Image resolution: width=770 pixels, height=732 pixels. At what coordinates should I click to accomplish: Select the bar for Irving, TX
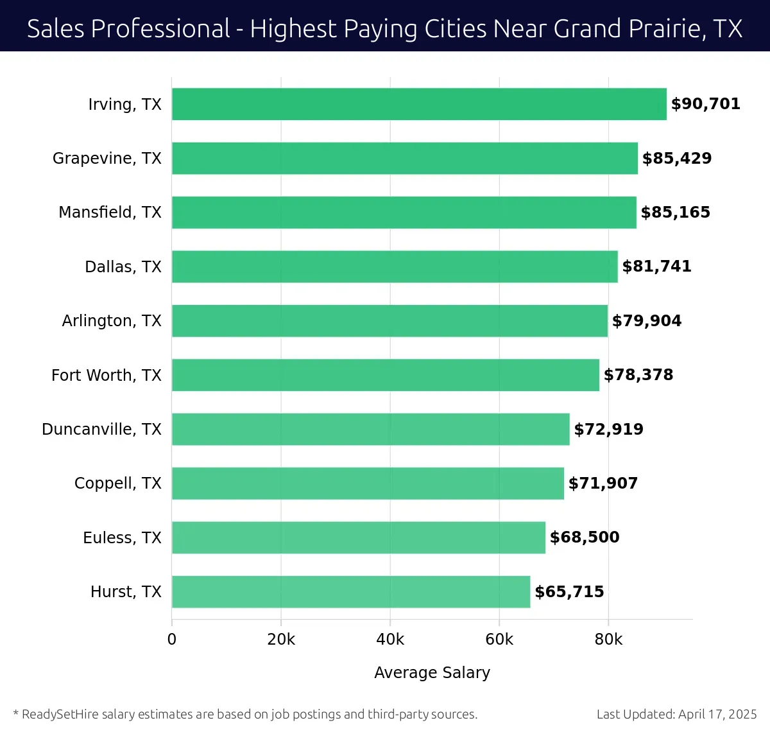(x=419, y=104)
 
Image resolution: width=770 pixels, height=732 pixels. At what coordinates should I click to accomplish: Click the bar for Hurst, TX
(x=351, y=591)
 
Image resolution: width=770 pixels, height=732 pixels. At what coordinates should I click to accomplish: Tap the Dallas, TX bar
(x=395, y=266)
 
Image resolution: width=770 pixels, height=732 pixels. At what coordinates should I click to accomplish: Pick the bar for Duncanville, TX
(x=371, y=429)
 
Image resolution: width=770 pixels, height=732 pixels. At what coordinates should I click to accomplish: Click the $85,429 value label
(x=677, y=159)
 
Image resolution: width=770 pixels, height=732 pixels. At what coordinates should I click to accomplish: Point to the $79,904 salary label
(x=647, y=321)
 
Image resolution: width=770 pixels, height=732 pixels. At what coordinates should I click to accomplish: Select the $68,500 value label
(x=585, y=537)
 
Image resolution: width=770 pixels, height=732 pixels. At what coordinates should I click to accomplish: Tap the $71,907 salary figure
(x=603, y=484)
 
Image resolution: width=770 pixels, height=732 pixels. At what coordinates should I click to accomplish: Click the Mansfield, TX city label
(x=110, y=213)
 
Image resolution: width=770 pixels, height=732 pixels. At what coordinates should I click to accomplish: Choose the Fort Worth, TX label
(x=107, y=375)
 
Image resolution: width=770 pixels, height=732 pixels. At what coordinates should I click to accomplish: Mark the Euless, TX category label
(x=122, y=537)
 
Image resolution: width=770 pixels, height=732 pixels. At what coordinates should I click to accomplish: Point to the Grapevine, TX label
(x=107, y=159)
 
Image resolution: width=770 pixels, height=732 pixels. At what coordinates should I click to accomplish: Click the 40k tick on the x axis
(x=390, y=640)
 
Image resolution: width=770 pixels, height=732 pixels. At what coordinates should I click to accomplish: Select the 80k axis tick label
(x=608, y=640)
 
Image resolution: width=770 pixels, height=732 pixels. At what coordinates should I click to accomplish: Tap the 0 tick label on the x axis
(x=171, y=640)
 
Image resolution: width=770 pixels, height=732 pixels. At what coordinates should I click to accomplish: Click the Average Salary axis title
(x=432, y=672)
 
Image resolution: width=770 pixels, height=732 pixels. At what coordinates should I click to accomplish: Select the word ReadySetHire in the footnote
(x=60, y=714)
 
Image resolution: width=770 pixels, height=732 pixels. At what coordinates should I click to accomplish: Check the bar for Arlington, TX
(x=389, y=321)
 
